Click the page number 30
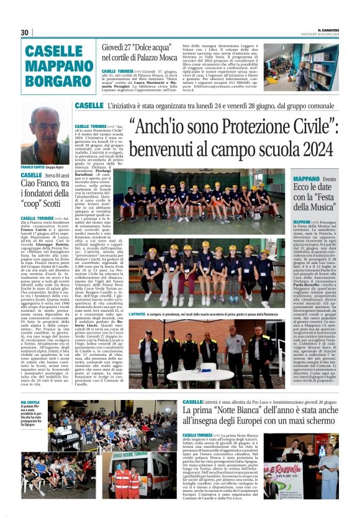pos(25,32)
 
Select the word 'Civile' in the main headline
pos(317,127)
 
